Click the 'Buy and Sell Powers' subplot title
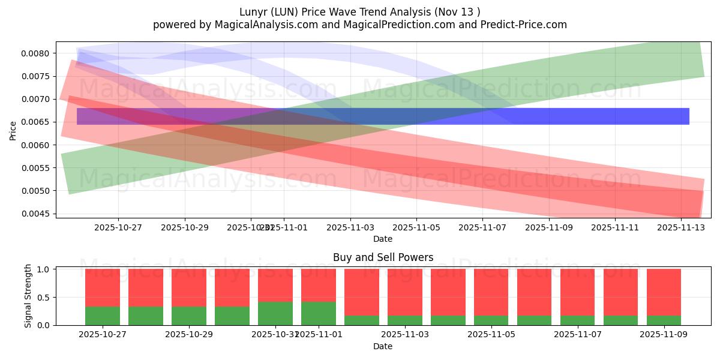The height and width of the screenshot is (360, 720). (x=383, y=257)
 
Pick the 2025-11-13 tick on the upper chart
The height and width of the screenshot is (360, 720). (x=681, y=227)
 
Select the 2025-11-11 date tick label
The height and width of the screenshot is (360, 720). (x=614, y=227)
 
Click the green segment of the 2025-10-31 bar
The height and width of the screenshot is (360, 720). (x=275, y=313)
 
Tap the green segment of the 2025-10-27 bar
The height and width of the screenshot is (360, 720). (x=103, y=316)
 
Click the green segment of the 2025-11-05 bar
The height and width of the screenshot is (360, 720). (x=491, y=320)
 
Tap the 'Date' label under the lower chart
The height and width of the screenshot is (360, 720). (x=383, y=346)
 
